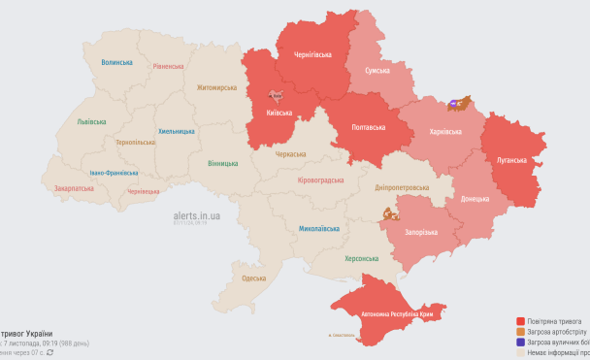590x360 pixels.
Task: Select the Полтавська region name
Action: pos(368,127)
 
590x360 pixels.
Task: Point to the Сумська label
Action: pos(377,71)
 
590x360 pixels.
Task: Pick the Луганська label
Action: pos(510,160)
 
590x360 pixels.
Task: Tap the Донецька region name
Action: pos(475,199)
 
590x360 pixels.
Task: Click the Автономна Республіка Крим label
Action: pos(396,314)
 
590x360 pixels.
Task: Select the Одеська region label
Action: pos(254,278)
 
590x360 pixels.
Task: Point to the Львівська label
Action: pos(92,122)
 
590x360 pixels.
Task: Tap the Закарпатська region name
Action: pos(74,188)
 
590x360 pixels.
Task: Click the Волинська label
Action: pos(116,62)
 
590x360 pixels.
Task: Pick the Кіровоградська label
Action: pos(319,180)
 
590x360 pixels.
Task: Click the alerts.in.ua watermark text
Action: pos(196,215)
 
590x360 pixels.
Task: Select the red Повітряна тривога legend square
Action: pos(521,320)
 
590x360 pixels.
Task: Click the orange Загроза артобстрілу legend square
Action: pos(521,331)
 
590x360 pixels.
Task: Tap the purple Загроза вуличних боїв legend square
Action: pos(521,342)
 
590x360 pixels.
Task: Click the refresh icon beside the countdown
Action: pos(50,352)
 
